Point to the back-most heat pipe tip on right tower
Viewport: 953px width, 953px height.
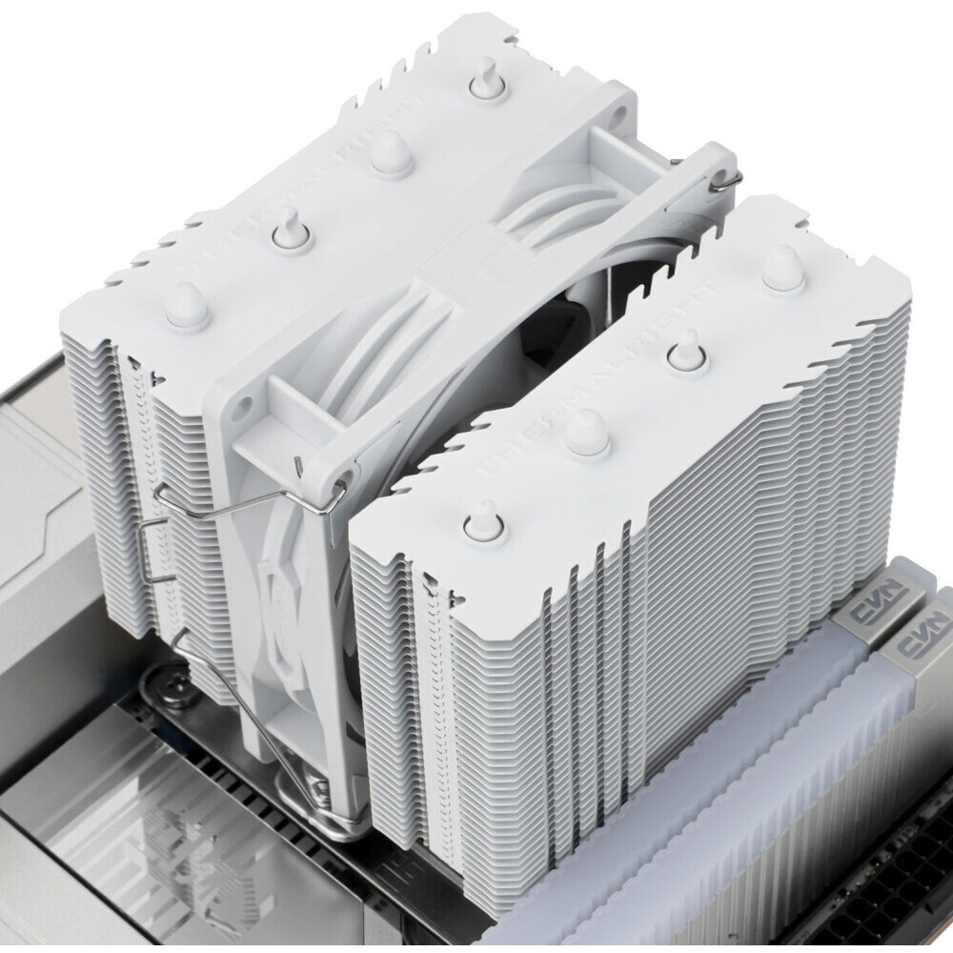pos(781,267)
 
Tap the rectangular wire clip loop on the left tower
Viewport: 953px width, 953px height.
pos(152,553)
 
